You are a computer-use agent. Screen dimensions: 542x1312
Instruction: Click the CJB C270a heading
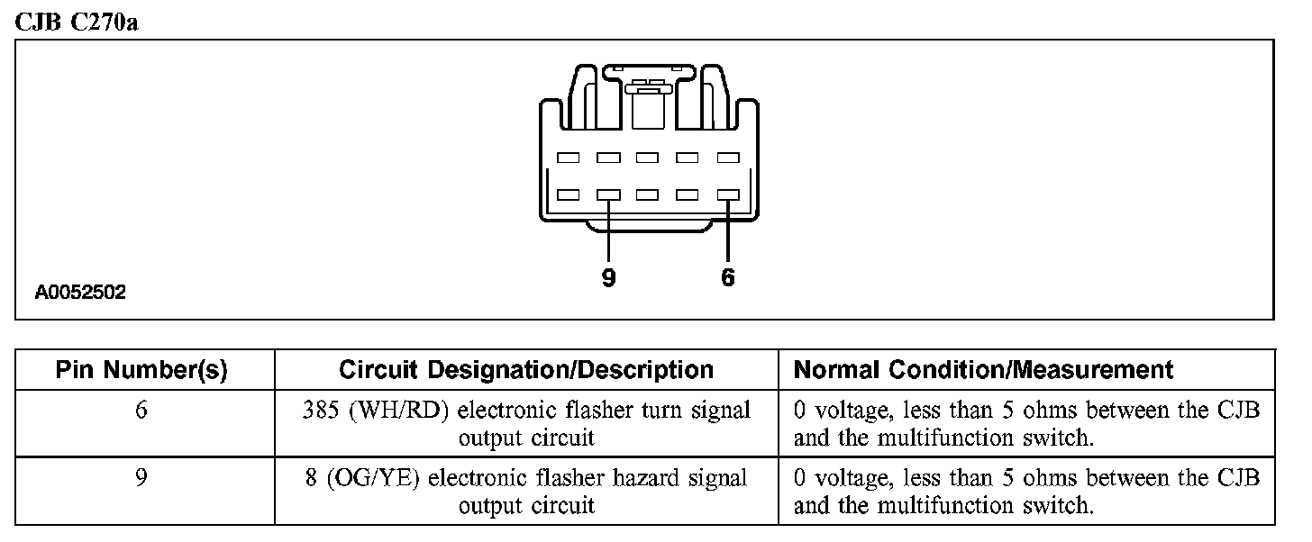click(x=76, y=22)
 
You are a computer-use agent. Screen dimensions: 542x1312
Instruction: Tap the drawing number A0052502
click(x=80, y=293)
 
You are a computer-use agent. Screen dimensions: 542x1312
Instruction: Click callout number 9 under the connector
click(x=608, y=279)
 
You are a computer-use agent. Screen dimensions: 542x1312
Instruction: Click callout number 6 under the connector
click(x=728, y=279)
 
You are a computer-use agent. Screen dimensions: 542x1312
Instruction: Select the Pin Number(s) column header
click(x=141, y=370)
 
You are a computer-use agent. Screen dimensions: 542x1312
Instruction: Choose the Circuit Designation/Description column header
click(x=526, y=370)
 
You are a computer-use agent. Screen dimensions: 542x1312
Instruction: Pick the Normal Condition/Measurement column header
click(x=984, y=370)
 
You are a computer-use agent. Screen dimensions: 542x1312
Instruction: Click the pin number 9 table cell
click(x=141, y=477)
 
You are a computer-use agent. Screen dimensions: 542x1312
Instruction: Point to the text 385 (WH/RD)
click(x=378, y=411)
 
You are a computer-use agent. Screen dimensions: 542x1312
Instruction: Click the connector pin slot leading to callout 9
click(x=608, y=194)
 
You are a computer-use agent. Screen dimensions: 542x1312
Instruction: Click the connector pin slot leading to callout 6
click(x=728, y=194)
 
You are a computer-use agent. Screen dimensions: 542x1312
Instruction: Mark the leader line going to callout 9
click(x=608, y=230)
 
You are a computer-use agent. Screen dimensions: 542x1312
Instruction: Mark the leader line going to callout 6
click(x=728, y=230)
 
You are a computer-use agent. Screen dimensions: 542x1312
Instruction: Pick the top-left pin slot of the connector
click(x=568, y=158)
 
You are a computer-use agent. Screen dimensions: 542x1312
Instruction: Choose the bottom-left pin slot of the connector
click(x=568, y=194)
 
